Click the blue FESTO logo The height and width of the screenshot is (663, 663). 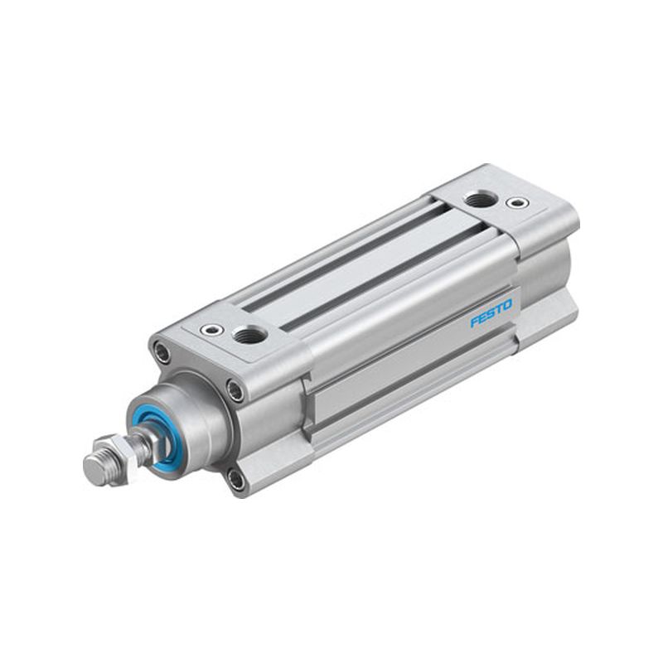(x=491, y=313)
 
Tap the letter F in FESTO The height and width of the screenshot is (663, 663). (x=475, y=322)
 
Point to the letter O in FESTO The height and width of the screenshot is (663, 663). (x=507, y=304)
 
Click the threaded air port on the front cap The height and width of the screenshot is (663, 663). (x=251, y=335)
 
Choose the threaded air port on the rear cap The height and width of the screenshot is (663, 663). (x=480, y=199)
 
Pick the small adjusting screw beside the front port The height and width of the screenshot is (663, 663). (x=211, y=329)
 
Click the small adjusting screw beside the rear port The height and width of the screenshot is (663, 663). (x=516, y=202)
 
